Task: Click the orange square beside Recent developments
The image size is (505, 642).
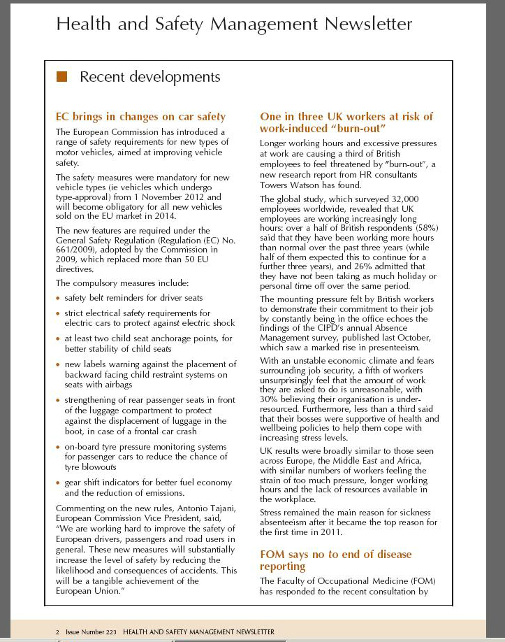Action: (62, 76)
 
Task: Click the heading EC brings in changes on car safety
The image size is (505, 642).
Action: (140, 117)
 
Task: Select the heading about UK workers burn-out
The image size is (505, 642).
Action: (346, 122)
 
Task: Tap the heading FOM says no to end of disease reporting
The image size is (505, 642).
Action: (336, 560)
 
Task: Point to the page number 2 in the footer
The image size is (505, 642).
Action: (58, 632)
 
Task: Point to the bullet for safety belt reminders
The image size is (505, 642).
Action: (58, 299)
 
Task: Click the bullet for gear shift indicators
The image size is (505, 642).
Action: (58, 483)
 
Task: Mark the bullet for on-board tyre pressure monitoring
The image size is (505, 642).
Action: (58, 447)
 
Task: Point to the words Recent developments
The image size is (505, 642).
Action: (150, 76)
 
